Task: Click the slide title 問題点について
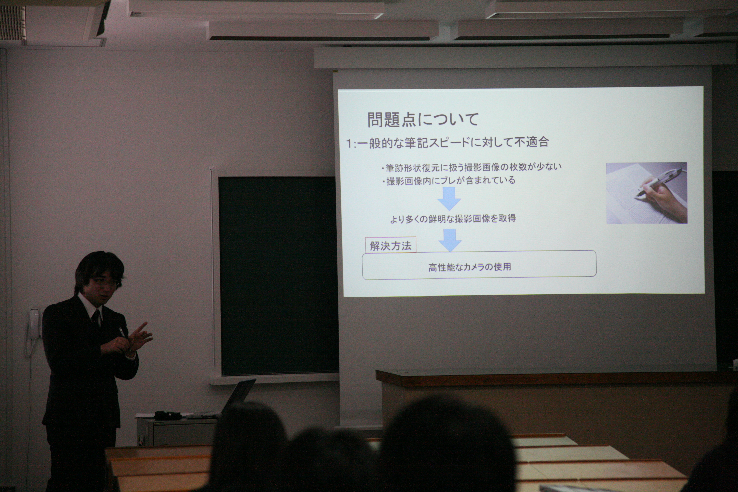[x=423, y=120]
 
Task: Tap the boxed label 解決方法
[x=391, y=245]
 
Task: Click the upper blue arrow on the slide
[x=449, y=199]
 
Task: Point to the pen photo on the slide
[x=647, y=193]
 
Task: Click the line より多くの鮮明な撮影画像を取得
[x=453, y=218]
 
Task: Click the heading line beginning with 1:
[x=447, y=143]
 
